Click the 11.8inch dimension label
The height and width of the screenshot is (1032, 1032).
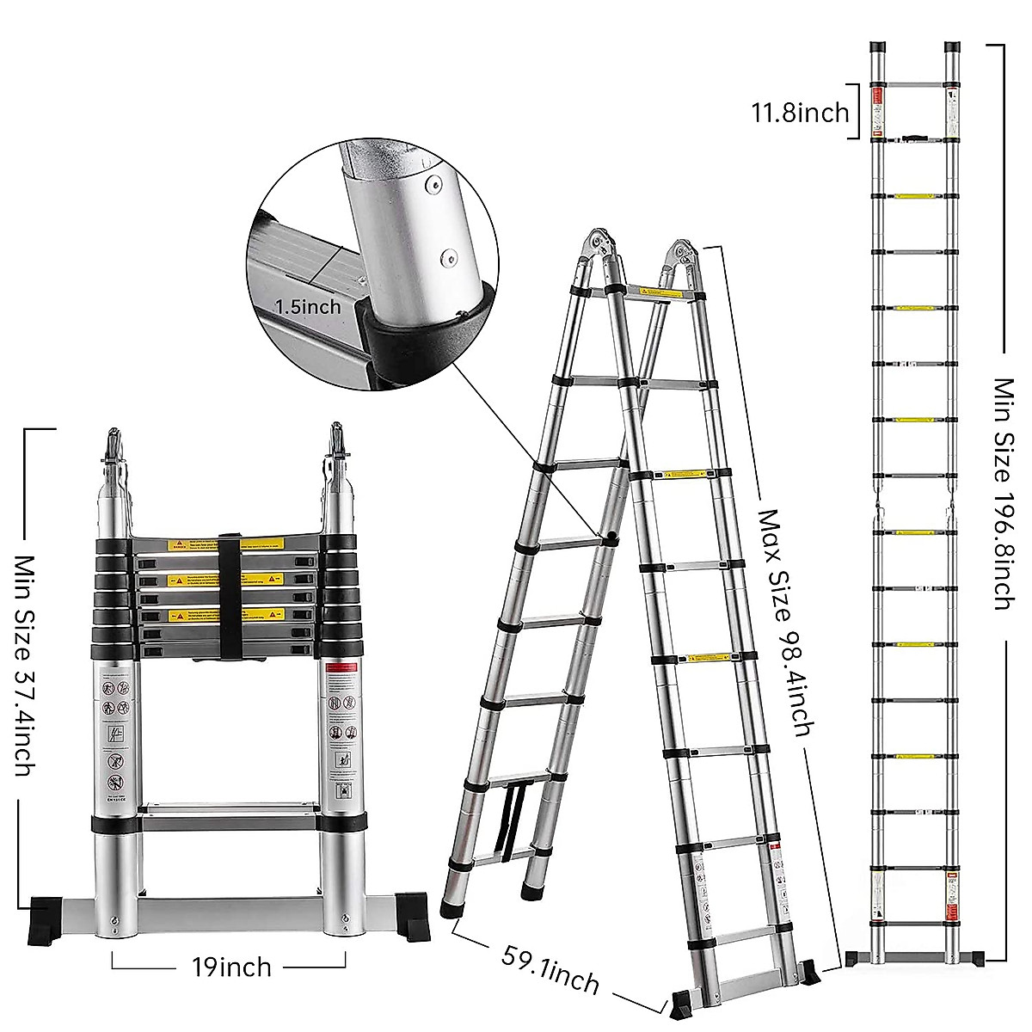tap(800, 112)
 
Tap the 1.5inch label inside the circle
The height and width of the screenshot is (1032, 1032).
tap(308, 305)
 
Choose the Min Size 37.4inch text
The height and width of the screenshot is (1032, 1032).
tap(24, 664)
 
